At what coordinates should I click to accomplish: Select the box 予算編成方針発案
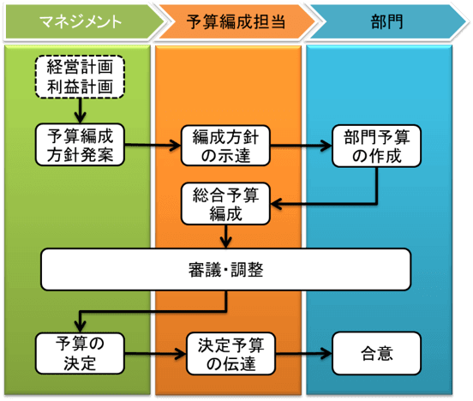click(x=81, y=144)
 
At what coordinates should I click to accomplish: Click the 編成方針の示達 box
click(x=226, y=144)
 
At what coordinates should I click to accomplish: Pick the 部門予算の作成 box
click(x=377, y=144)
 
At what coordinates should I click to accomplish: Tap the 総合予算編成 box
click(x=226, y=203)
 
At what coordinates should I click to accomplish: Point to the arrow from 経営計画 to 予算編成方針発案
click(x=81, y=109)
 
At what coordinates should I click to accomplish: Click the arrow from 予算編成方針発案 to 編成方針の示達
click(x=154, y=144)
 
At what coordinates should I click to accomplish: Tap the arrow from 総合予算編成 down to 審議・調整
click(x=226, y=235)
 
